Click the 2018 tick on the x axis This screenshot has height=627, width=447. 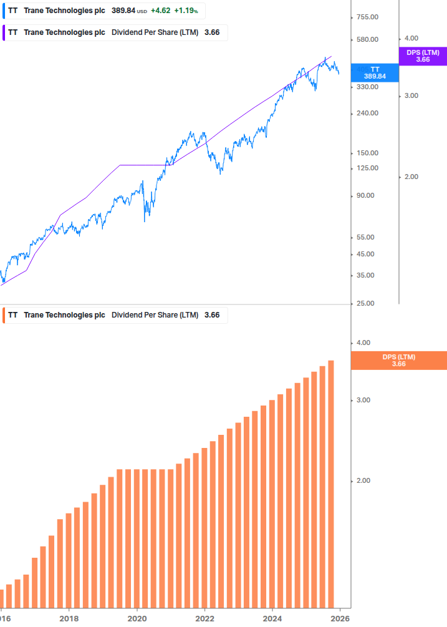coord(69,618)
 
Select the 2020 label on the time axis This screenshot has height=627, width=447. coord(137,618)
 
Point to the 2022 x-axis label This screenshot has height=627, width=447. coord(205,618)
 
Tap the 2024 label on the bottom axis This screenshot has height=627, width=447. coord(272,618)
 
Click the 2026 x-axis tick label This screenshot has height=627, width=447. coord(340,618)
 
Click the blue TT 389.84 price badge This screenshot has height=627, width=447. coord(375,72)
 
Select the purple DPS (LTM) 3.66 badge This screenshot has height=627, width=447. coord(423,56)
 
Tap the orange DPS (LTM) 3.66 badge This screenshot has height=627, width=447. coord(399,360)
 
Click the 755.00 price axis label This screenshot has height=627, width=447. coord(365,17)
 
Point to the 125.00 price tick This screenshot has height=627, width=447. coord(365,168)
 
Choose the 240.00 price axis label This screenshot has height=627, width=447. coord(365,113)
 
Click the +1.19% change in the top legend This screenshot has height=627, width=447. coord(186,11)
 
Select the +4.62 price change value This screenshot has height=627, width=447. coord(160,11)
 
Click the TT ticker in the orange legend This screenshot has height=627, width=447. coord(12,315)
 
